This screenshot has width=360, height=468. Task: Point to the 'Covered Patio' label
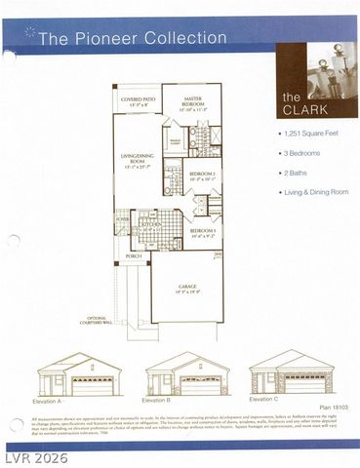(137, 100)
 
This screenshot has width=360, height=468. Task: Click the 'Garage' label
(186, 287)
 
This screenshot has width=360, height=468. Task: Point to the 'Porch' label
(134, 256)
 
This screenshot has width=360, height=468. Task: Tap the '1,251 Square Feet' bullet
(311, 130)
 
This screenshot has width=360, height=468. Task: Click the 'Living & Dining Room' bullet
(317, 192)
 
